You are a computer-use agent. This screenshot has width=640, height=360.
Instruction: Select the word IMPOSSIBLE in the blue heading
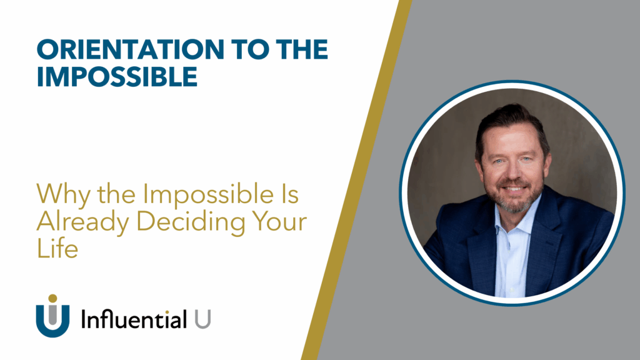click(117, 76)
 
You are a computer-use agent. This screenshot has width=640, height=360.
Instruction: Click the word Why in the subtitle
click(63, 195)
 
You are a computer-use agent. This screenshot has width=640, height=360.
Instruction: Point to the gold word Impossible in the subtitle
click(208, 195)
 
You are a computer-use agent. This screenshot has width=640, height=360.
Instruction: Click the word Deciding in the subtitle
click(191, 222)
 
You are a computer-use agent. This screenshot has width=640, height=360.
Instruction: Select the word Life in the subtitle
click(57, 248)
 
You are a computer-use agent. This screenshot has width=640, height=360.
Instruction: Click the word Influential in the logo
click(134, 319)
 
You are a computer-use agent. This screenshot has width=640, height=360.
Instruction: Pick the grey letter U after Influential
click(202, 319)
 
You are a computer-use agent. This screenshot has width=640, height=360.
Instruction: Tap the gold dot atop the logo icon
click(52, 298)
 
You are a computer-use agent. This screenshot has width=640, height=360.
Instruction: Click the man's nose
click(514, 174)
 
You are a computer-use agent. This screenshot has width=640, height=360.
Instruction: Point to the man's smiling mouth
click(514, 189)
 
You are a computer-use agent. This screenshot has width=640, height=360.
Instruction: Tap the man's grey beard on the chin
click(514, 204)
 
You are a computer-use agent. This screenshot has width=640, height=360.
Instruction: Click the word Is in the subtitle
click(289, 194)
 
